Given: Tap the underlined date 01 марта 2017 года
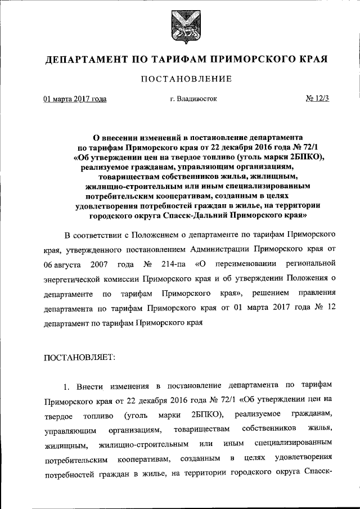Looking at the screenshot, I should (x=75, y=99).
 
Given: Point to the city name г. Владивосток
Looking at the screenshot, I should (x=193, y=99).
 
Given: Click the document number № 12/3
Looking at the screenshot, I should (x=317, y=99).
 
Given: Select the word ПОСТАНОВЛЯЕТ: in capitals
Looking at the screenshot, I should (x=79, y=356).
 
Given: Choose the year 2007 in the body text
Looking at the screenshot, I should (x=92, y=264).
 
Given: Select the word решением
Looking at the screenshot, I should (x=270, y=294).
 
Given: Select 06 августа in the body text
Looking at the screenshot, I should (x=58, y=264).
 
